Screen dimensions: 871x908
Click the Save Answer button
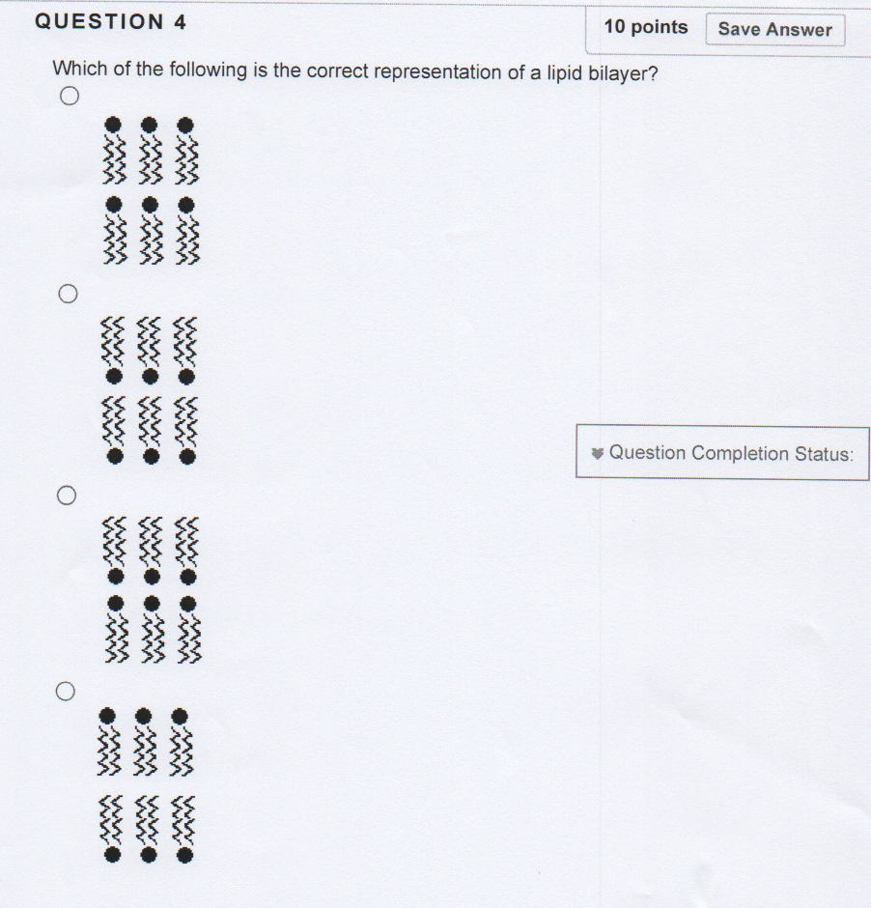775,29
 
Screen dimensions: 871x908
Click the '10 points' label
646,27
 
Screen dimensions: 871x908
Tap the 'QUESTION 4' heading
110,22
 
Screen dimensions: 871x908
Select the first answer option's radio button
70,96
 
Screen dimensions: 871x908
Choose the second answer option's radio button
69,294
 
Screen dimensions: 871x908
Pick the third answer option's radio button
67,496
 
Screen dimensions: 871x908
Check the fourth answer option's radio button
66,691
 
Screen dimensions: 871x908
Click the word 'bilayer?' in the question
623,73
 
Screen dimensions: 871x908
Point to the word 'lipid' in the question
565,73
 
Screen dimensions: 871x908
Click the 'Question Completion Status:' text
732,453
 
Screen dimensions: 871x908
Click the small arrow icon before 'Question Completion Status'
598,453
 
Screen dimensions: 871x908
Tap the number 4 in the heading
180,22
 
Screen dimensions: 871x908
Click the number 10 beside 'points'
614,27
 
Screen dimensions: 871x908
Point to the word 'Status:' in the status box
824,454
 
